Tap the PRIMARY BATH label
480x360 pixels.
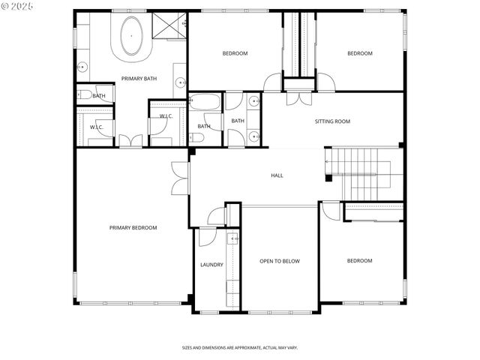[139, 79]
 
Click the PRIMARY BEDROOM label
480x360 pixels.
[133, 228]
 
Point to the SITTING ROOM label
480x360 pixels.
[332, 121]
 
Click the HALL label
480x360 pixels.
[277, 175]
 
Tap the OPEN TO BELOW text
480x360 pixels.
[280, 261]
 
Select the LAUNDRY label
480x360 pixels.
[211, 265]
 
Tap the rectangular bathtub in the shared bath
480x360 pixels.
[203, 103]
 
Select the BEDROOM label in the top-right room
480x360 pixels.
[360, 53]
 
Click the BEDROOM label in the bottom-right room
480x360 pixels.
[359, 261]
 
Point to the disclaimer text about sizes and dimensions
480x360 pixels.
[240, 347]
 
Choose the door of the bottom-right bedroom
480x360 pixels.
[329, 209]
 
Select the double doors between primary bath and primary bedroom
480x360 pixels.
[130, 140]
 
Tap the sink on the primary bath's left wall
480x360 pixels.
[81, 67]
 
